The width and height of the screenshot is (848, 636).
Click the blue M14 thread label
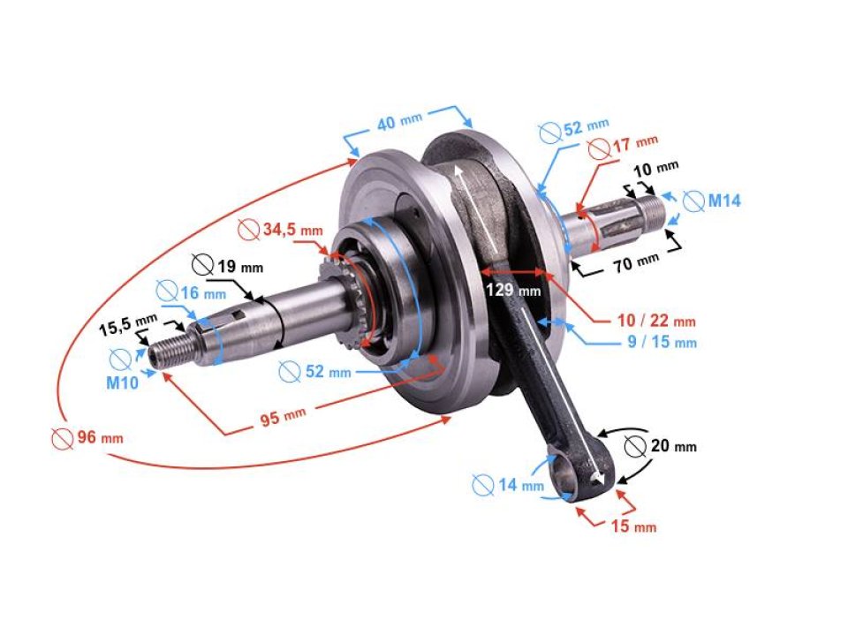(723, 201)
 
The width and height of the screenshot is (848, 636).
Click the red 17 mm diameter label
(635, 141)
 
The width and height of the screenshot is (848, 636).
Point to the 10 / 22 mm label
(656, 321)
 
